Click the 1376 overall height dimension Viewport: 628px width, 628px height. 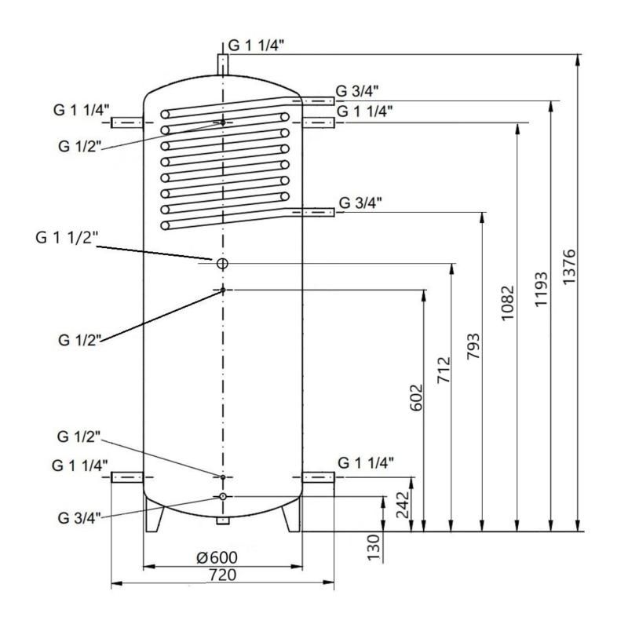pos(569,267)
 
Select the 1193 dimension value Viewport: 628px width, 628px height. pos(541,289)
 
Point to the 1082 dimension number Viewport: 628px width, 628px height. pos(507,303)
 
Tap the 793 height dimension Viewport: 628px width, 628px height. pos(473,345)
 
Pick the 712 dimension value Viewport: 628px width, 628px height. pos(444,370)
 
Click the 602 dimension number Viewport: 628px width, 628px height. pos(417,398)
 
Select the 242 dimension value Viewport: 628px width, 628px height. pos(403,505)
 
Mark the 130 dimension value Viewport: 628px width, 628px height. pos(373,547)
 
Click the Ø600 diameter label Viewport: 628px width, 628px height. pos(217,557)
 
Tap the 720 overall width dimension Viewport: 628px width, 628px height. pos(223,575)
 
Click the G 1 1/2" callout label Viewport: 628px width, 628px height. pos(67,238)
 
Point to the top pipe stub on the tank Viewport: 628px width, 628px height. pos(223,64)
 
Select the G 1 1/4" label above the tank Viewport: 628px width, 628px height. pos(256,46)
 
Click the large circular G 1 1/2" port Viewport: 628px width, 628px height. pos(222,264)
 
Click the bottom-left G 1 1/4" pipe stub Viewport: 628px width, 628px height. pos(127,477)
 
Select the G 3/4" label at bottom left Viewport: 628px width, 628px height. pos(79,518)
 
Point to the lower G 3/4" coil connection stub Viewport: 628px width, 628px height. pos(318,212)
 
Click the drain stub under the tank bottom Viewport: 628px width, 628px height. pos(223,520)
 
